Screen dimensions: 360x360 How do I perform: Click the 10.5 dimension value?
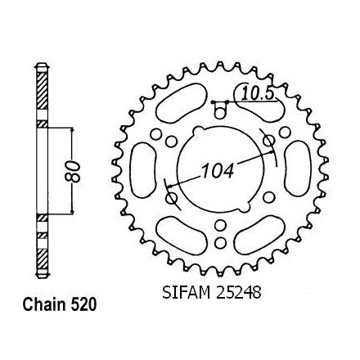click(x=258, y=94)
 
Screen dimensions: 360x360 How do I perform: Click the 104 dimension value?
click(x=218, y=171)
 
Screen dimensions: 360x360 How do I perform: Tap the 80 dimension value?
click(x=73, y=172)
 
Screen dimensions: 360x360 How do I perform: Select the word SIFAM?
click(x=187, y=293)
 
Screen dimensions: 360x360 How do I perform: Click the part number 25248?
click(x=239, y=293)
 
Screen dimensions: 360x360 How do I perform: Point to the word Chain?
click(x=44, y=304)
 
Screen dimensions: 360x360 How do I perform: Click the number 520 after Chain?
click(x=83, y=304)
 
